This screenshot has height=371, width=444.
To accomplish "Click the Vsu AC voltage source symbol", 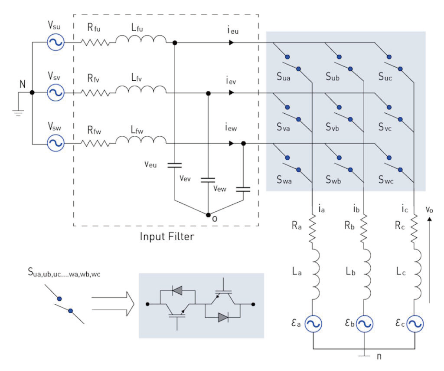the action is pyautogui.click(x=55, y=42).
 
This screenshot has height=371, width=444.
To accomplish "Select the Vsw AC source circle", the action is pyautogui.click(x=55, y=143).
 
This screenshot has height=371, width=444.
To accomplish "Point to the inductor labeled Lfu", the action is pyautogui.click(x=141, y=39).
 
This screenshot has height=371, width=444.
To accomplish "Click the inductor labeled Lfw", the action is pyautogui.click(x=141, y=140).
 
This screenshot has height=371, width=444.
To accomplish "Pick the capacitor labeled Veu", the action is pyautogui.click(x=174, y=165).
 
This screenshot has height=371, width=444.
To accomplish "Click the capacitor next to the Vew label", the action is pyautogui.click(x=243, y=189).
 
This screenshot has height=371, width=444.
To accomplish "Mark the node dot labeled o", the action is pyautogui.click(x=208, y=215).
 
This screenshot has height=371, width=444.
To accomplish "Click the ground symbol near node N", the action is pyautogui.click(x=18, y=113).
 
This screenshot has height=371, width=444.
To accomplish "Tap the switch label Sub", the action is pyautogui.click(x=333, y=76).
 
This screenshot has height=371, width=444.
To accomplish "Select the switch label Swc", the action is pyautogui.click(x=386, y=180).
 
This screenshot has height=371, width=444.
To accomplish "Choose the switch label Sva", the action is pyautogui.click(x=283, y=127).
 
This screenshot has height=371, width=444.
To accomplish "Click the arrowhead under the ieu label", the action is pyautogui.click(x=232, y=43).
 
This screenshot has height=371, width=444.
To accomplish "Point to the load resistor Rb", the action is pyautogui.click(x=364, y=228).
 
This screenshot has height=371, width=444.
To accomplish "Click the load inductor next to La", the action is pyautogui.click(x=316, y=274).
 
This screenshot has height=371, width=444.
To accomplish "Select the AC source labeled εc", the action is pyautogui.click(x=415, y=324).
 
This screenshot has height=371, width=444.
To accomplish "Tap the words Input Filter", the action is pyautogui.click(x=167, y=236).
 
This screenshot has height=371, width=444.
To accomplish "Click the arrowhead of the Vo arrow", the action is pyautogui.click(x=430, y=219).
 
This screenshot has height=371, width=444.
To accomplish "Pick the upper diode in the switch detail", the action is pyautogui.click(x=177, y=290).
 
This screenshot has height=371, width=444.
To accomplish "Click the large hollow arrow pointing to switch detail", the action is pyautogui.click(x=113, y=304).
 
